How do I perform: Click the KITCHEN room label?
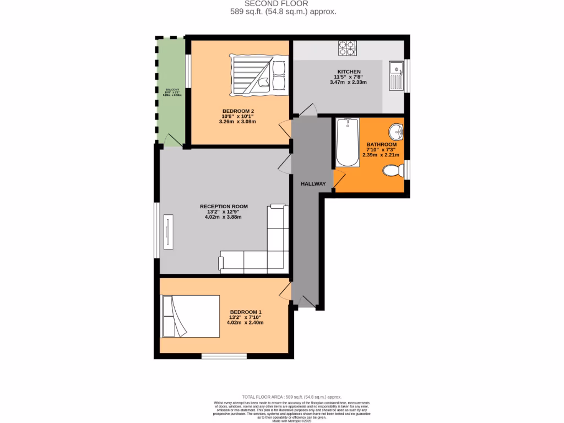pos(349,72)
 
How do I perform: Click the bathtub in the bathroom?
pos(347,143)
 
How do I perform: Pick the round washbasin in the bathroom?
pos(395,132)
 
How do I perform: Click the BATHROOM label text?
pos(381,144)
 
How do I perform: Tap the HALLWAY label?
pos(313,184)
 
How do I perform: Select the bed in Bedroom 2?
pos(258,74)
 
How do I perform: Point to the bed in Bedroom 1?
pos(191,316)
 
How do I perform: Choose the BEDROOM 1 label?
pos(246,312)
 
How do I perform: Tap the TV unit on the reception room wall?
pos(168,232)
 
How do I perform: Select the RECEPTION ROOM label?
pos(224,207)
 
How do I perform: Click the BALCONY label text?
pos(172,89)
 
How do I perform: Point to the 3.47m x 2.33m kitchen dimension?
pos(348,82)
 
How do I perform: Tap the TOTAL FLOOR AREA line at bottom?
pos(292,397)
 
